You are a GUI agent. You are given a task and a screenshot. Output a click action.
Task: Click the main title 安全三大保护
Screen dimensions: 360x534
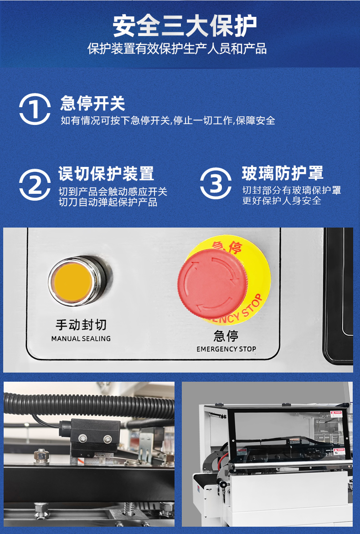click(185, 26)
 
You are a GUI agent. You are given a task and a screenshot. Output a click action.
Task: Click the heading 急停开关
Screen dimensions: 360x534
click(93, 103)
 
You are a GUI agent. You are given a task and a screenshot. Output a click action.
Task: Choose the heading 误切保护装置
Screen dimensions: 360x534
click(106, 174)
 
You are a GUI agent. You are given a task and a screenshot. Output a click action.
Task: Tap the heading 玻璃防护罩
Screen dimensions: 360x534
click(283, 173)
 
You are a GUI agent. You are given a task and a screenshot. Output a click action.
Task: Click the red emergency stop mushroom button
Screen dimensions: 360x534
click(212, 283)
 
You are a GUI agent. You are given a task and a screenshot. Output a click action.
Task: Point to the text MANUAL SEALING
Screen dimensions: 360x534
click(81, 338)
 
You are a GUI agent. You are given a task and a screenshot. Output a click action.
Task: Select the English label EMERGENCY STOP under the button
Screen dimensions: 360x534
click(226, 349)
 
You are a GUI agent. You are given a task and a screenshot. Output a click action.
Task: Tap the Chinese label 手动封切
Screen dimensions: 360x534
click(81, 325)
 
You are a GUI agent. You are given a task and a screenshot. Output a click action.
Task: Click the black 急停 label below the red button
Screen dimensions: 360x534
click(226, 336)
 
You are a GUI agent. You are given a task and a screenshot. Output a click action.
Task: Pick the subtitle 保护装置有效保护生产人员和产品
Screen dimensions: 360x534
click(177, 49)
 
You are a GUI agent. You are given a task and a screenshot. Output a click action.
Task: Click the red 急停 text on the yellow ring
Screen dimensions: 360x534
click(226, 247)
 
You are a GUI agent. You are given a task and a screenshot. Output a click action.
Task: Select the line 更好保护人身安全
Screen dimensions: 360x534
click(282, 201)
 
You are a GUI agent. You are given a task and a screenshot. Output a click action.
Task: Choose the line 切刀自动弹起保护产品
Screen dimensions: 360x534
click(108, 202)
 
